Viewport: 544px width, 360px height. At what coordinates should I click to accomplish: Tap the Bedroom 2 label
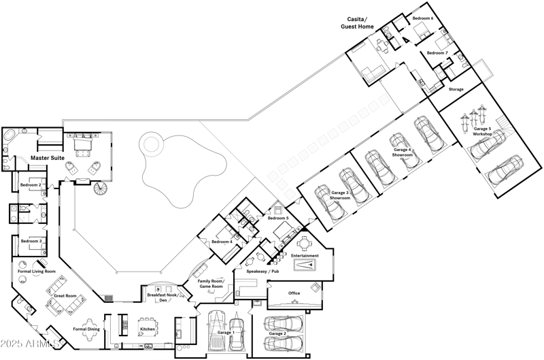(31, 185)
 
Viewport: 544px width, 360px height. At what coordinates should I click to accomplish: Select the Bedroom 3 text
(31, 241)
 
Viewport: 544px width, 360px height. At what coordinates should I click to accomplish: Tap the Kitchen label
(148, 329)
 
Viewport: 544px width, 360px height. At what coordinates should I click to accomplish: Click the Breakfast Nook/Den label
(163, 297)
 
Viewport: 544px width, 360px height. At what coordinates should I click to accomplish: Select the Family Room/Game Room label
(210, 284)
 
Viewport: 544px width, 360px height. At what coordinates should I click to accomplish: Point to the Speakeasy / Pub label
(262, 272)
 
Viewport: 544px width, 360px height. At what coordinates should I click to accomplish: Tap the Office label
(294, 293)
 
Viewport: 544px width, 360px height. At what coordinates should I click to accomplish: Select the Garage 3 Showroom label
(339, 195)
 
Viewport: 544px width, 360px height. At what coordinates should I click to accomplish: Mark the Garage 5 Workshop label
(482, 131)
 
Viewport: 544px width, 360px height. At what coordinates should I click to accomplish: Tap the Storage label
(456, 89)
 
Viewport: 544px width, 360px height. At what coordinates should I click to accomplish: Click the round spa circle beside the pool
(150, 144)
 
